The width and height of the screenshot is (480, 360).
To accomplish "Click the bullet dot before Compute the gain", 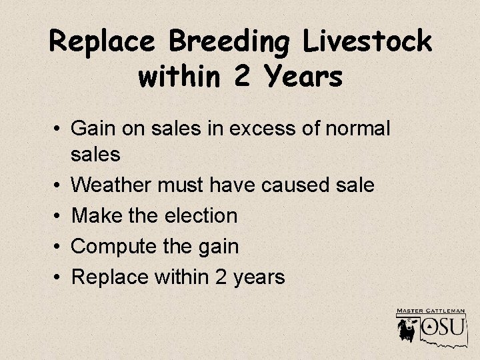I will [59, 246].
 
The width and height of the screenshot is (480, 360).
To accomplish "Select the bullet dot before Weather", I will [59, 185].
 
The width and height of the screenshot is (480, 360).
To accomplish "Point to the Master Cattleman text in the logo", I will [431, 311].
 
